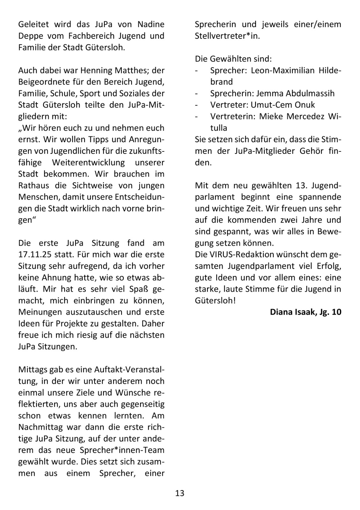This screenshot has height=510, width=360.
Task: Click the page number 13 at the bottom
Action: coord(180,493)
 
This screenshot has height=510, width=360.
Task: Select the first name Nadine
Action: coord(151,24)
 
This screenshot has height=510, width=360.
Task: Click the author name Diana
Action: coord(281,312)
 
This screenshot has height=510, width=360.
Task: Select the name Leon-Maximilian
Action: coord(283,70)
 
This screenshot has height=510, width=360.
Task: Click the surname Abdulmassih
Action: coord(310,93)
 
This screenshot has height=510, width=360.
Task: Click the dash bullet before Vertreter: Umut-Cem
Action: coord(196,105)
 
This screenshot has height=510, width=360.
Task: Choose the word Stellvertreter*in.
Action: coord(227,36)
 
